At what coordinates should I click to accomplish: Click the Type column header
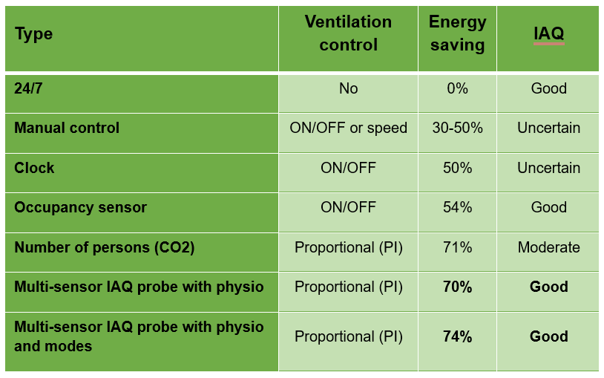pos(34,34)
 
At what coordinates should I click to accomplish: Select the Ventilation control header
pos(348,33)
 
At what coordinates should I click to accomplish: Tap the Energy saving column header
pos(457,33)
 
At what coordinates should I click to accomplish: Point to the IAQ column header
pos(548,33)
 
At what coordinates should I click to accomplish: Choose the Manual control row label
pos(67,128)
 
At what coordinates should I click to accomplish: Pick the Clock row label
pos(34,168)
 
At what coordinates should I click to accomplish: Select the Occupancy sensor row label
pos(80,207)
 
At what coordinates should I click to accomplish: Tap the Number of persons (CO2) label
pos(104,247)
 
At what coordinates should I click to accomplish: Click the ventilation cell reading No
pos(348,88)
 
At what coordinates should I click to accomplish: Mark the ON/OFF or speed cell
pos(348,128)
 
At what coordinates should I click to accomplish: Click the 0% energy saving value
pos(457,88)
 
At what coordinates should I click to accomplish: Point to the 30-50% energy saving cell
pos(457,128)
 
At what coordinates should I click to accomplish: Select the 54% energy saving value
pos(457,207)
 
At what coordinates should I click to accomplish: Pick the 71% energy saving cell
pos(457,247)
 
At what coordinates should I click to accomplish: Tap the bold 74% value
pos(457,336)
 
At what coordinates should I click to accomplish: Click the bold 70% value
pos(457,287)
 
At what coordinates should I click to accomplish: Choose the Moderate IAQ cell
pos(548,247)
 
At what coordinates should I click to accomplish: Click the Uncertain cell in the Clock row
pos(548,168)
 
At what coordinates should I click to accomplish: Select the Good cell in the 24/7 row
pos(548,88)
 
